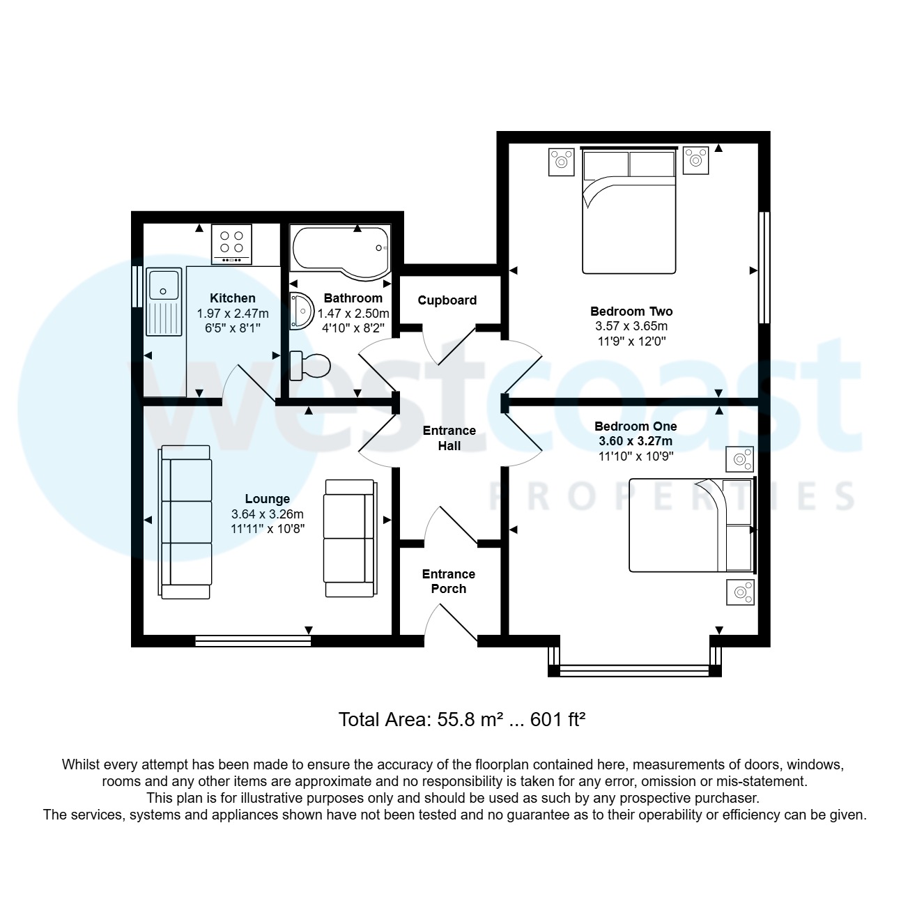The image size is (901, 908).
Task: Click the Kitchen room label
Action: tap(232, 298)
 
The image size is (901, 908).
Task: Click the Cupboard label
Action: tap(447, 300)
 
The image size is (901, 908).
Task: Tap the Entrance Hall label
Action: tap(449, 438)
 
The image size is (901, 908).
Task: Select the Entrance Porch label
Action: tap(449, 581)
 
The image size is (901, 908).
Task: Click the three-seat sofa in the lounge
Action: tap(186, 522)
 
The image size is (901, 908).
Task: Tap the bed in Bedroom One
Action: tap(691, 525)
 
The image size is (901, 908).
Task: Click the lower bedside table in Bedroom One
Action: tap(740, 592)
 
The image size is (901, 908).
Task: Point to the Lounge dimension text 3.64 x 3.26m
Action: tap(268, 514)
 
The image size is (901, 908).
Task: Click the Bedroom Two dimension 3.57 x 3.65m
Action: tap(631, 326)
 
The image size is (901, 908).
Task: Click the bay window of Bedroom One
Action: tap(634, 670)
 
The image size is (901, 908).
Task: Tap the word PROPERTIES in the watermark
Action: tap(672, 495)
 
